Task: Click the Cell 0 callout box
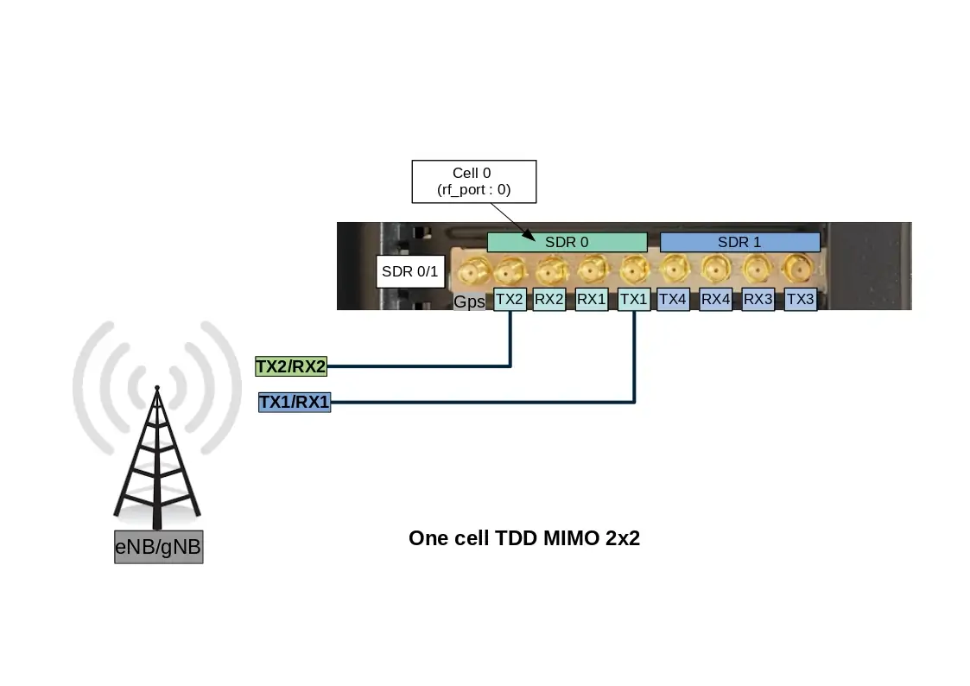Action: [473, 181]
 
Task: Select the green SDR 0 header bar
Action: [567, 242]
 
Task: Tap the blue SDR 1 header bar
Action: [739, 242]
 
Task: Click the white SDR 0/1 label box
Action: [410, 273]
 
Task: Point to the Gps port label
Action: [470, 302]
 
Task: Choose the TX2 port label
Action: [510, 300]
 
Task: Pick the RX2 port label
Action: [549, 300]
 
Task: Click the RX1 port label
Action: [592, 300]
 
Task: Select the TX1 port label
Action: [634, 300]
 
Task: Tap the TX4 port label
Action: [673, 300]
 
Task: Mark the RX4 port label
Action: [716, 300]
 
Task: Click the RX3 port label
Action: [758, 300]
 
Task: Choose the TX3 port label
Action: [801, 300]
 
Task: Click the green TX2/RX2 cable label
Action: [291, 366]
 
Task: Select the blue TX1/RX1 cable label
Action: [295, 402]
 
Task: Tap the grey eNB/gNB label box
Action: [159, 547]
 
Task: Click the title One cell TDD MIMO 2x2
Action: [524, 538]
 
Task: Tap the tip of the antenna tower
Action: [156, 388]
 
